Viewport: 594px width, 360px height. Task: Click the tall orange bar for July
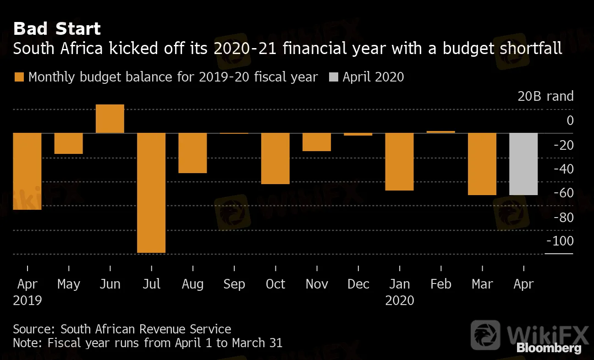[x=151, y=192]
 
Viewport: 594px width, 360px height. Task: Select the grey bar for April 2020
[x=523, y=164]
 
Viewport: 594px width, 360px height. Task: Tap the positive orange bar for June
[x=110, y=119]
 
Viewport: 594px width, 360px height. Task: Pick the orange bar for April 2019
[x=27, y=171]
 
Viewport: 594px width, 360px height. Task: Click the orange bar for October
[x=275, y=158]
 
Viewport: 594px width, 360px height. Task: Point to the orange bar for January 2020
[x=400, y=161]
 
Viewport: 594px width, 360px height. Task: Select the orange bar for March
[x=482, y=164]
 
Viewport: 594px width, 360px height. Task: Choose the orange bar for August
[x=192, y=153]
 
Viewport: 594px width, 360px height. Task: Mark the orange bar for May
[x=69, y=143]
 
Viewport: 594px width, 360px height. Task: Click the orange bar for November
[x=317, y=142]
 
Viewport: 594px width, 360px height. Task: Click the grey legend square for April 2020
[x=333, y=77]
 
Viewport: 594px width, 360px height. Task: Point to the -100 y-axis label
[x=560, y=241]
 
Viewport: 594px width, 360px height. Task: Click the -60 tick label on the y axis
[x=563, y=193]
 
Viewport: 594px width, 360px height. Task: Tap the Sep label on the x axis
[x=234, y=284]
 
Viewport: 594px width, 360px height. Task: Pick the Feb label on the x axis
[x=441, y=284]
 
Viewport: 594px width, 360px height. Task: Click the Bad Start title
[x=57, y=29]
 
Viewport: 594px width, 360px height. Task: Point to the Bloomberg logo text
[x=549, y=349]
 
